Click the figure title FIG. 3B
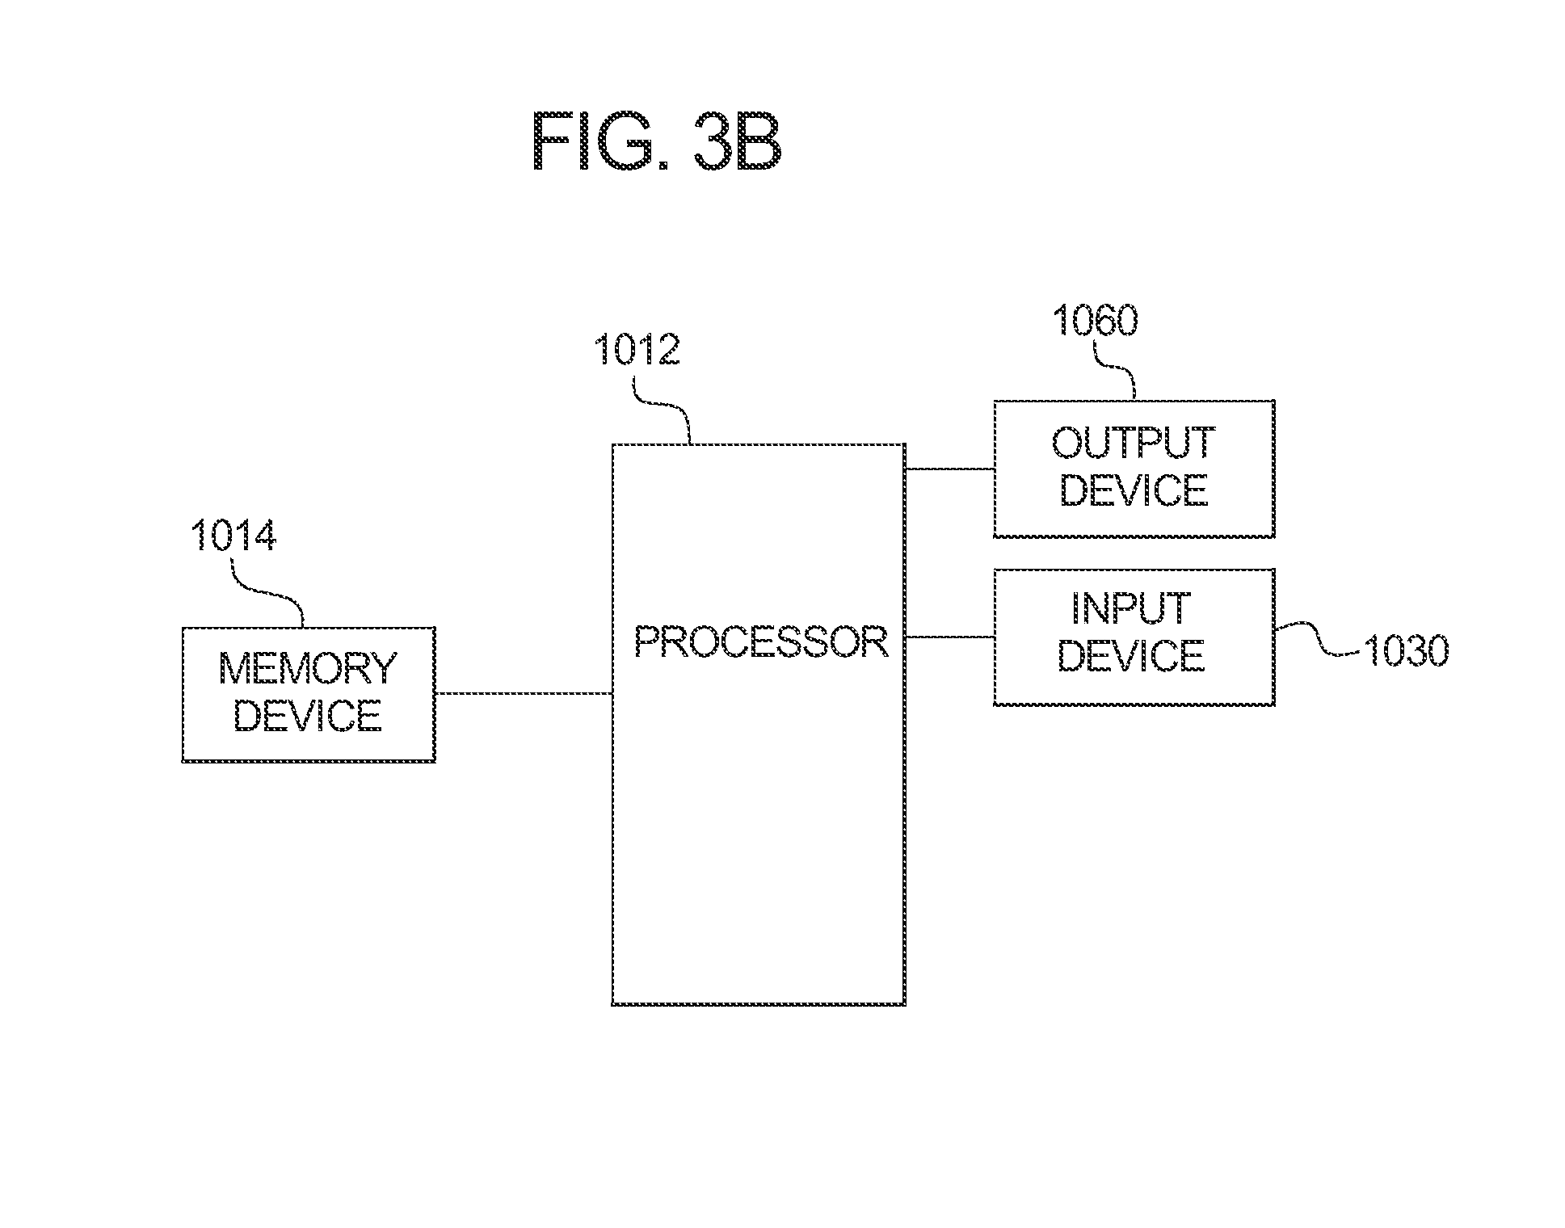click(656, 142)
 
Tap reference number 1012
click(637, 351)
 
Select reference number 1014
click(233, 536)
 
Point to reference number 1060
click(1095, 321)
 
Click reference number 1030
click(1406, 651)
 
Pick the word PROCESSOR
click(760, 642)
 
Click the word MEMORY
click(308, 668)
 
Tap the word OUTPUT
click(1133, 443)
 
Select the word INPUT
click(1131, 608)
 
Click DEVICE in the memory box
click(308, 716)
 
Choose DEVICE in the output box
click(1133, 490)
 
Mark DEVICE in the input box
click(1131, 655)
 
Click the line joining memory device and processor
click(523, 693)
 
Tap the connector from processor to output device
click(949, 469)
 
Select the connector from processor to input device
click(949, 637)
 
